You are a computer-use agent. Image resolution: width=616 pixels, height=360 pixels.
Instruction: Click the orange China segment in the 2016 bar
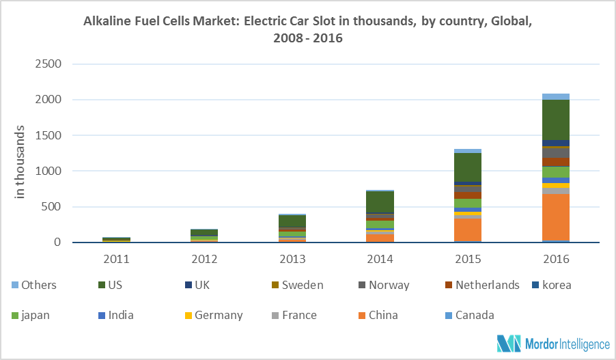pos(555,217)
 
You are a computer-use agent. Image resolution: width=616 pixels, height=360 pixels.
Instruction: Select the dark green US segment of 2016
pos(555,120)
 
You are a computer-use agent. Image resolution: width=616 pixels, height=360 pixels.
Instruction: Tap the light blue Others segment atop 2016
pos(555,96)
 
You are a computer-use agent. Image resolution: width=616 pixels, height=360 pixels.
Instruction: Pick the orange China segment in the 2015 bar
pos(467,229)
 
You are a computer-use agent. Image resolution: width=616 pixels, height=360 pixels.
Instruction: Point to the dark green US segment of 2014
pos(380,202)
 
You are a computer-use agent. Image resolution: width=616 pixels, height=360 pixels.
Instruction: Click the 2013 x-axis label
pos(292,260)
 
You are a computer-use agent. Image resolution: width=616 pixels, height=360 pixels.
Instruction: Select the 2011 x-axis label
pos(117,260)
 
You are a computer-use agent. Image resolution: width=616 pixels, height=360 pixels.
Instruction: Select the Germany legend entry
pos(212,315)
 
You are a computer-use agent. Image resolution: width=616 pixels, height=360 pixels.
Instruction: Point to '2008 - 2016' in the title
pos(307,38)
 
